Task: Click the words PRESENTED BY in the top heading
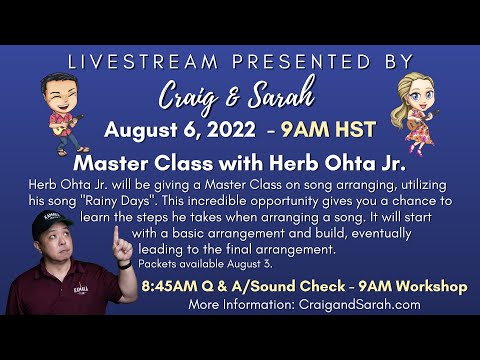tap(321, 62)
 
